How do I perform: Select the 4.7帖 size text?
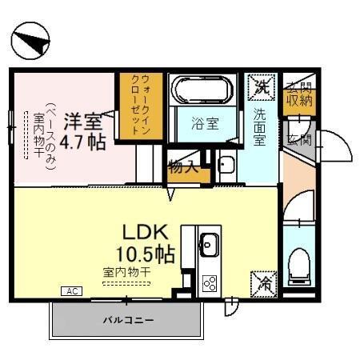coord(82,143)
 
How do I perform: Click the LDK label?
coord(144,233)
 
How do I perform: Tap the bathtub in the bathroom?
coord(201,90)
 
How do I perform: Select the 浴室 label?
coord(203,124)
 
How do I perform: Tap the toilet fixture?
coord(299,265)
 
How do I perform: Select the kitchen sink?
coord(209,242)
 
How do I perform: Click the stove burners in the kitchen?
coord(210,282)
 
